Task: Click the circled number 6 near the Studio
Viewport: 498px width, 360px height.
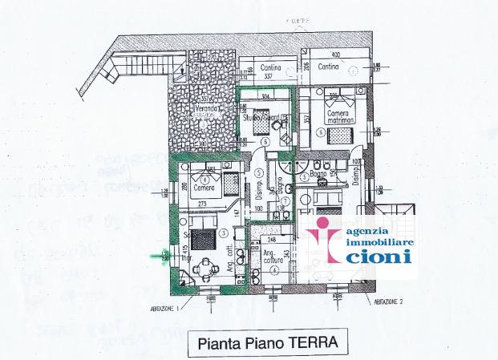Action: (265, 142)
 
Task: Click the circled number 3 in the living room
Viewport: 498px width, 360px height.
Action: (225, 233)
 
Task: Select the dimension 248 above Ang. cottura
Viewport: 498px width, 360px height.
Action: (273, 239)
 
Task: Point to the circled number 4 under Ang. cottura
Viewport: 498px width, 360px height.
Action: (273, 271)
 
